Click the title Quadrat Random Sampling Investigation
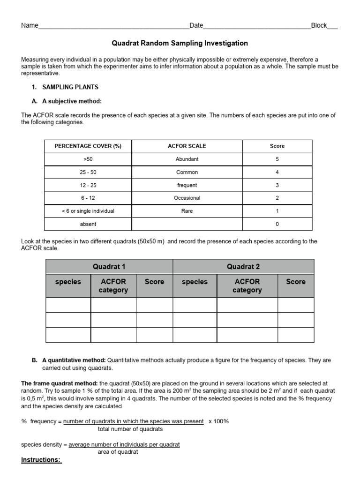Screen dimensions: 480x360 click(x=180, y=43)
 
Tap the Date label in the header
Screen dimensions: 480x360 click(x=196, y=25)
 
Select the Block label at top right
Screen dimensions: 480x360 click(x=319, y=25)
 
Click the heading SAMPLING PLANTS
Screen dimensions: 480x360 click(x=70, y=87)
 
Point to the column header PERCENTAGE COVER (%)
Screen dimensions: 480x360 click(x=88, y=146)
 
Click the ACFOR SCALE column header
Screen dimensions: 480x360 click(x=187, y=146)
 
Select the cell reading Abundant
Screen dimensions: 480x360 click(x=187, y=159)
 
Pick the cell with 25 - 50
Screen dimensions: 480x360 click(x=88, y=172)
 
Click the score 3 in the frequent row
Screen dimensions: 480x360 click(x=277, y=185)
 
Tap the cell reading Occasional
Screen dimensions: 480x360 click(x=187, y=198)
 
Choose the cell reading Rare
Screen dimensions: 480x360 click(x=187, y=211)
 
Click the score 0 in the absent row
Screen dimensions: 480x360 click(x=277, y=224)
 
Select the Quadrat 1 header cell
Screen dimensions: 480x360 click(x=109, y=267)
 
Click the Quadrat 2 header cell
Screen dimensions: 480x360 click(x=243, y=267)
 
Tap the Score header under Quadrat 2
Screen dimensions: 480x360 click(x=295, y=282)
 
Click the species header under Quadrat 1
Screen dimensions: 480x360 click(x=68, y=282)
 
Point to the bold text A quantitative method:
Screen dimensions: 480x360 click(x=74, y=360)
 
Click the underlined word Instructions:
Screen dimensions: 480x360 click(x=41, y=460)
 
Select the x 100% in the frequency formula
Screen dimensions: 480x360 click(x=218, y=421)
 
